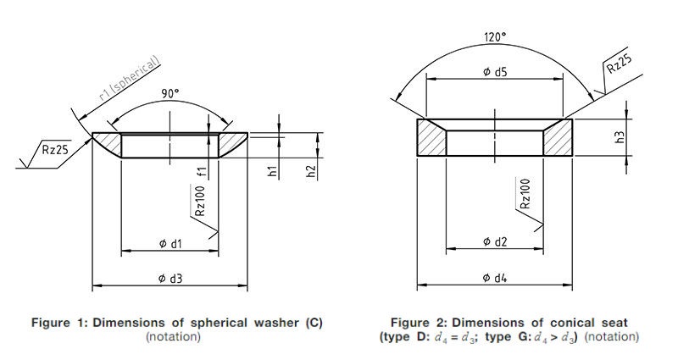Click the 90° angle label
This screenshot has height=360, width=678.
pyautogui.click(x=170, y=93)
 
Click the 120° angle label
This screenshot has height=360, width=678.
pyautogui.click(x=495, y=37)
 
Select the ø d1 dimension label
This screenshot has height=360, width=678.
pyautogui.click(x=170, y=244)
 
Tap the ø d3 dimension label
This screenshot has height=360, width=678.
pyautogui.click(x=170, y=279)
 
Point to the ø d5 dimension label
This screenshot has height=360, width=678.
pyautogui.click(x=495, y=72)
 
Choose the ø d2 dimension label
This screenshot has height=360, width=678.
pyautogui.click(x=495, y=242)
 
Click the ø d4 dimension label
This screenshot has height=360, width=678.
pyautogui.click(x=495, y=278)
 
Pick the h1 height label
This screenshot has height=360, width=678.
pyautogui.click(x=272, y=171)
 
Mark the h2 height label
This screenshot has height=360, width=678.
pyautogui.click(x=311, y=171)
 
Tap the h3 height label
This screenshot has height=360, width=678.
pyautogui.click(x=620, y=137)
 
